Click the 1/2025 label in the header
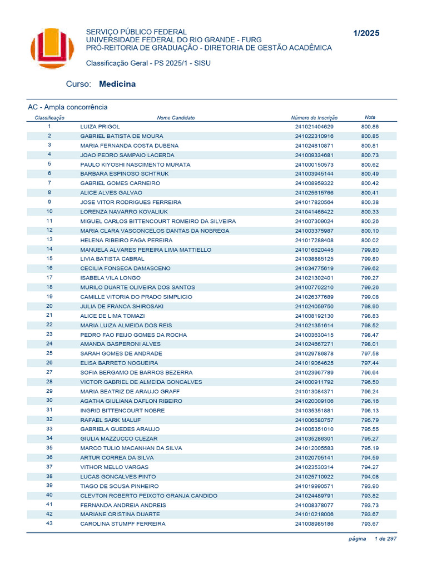[366, 33]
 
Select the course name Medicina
[117, 84]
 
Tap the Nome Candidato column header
[176, 118]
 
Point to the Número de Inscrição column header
[314, 118]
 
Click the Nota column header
[370, 117]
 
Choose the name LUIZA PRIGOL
[100, 127]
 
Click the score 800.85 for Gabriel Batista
[370, 136]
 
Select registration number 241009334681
[314, 155]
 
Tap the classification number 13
[49, 239]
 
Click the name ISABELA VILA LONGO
[111, 278]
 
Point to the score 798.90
[370, 306]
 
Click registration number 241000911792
[314, 382]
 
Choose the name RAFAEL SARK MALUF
[111, 420]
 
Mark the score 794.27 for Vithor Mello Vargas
[370, 467]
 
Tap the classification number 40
[49, 495]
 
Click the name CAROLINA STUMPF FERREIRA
[123, 523]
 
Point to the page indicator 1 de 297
[385, 538]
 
